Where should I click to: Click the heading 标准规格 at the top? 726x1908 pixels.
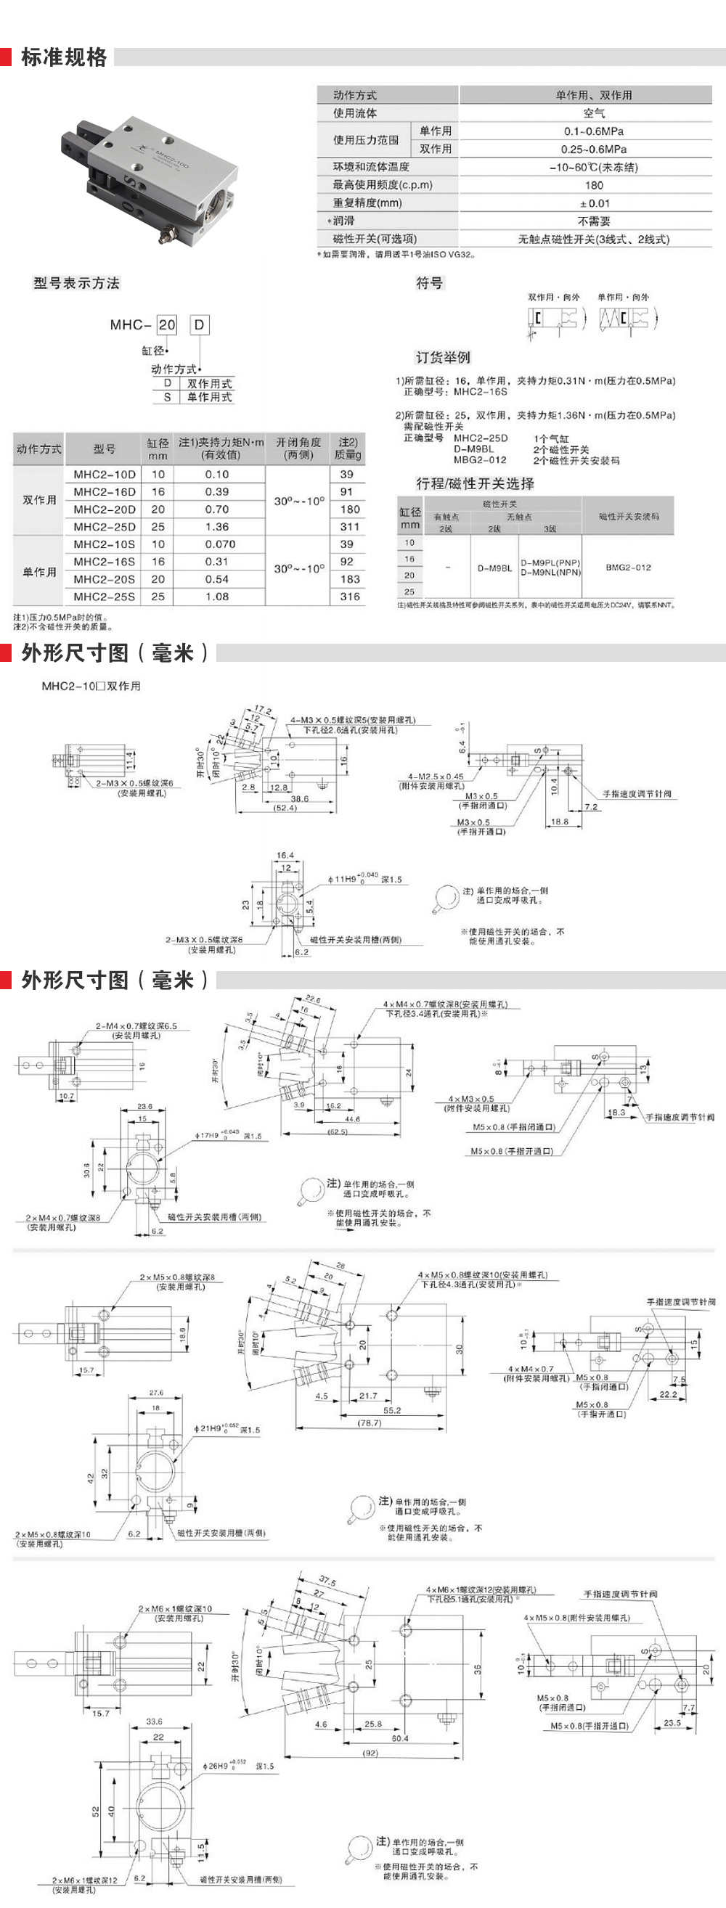64,57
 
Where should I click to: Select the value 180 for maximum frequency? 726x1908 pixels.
593,185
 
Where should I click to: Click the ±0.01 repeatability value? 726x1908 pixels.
594,203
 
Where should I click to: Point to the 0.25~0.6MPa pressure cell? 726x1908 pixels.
593,149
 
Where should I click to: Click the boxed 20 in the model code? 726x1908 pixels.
168,324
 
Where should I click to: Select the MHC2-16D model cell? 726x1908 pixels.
105,492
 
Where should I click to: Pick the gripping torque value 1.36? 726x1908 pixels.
217,527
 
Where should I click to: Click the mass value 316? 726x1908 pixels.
350,597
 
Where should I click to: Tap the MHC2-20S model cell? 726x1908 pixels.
105,579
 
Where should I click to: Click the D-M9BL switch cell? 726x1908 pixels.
494,568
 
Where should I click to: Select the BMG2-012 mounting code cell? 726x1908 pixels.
627,568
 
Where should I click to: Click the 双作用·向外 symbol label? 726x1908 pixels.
553,297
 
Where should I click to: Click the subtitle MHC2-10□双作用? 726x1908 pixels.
91,686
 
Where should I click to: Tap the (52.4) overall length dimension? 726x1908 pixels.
285,808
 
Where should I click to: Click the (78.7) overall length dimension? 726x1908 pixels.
370,1423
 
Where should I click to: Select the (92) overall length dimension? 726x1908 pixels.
370,1753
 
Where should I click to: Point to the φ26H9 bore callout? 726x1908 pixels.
225,1766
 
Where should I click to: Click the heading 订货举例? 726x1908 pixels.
443,357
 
